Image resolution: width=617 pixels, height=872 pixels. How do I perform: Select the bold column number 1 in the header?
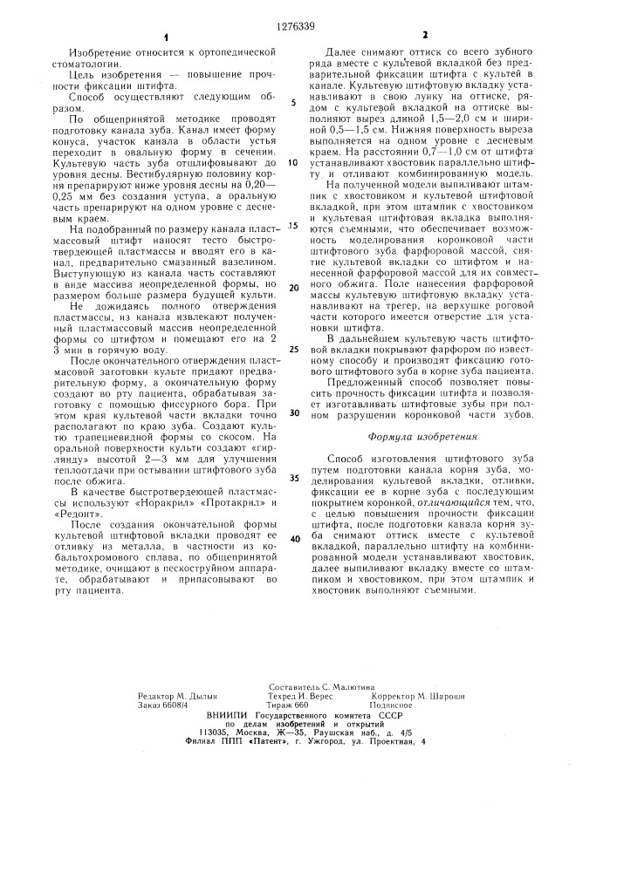[163, 37]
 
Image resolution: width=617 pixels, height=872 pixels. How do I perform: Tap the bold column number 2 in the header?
[426, 37]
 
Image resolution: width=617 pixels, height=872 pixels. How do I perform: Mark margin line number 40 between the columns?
[293, 537]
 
